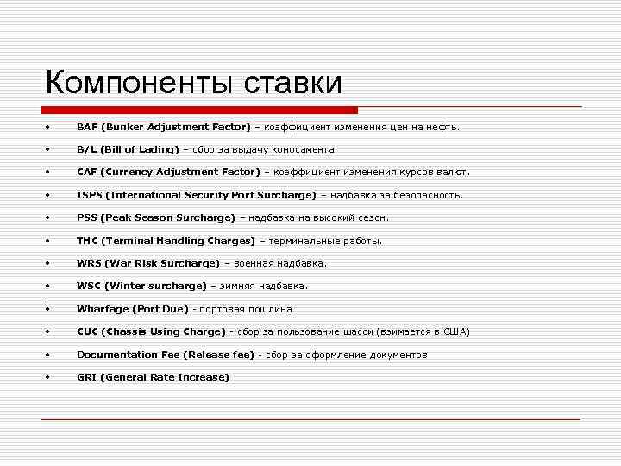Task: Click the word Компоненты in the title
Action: coord(139,84)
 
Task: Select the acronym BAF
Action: coord(87,127)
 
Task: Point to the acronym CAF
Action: coord(87,172)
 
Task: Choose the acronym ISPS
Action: coord(89,195)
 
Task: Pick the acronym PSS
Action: coord(86,217)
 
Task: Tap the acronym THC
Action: coord(87,241)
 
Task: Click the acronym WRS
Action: coord(88,263)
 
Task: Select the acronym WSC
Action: coord(88,286)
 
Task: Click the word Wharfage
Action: coord(100,309)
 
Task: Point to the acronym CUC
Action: coord(87,331)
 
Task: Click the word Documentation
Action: coord(114,355)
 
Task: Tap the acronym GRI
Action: coord(86,377)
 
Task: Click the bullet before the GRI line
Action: coord(50,377)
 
